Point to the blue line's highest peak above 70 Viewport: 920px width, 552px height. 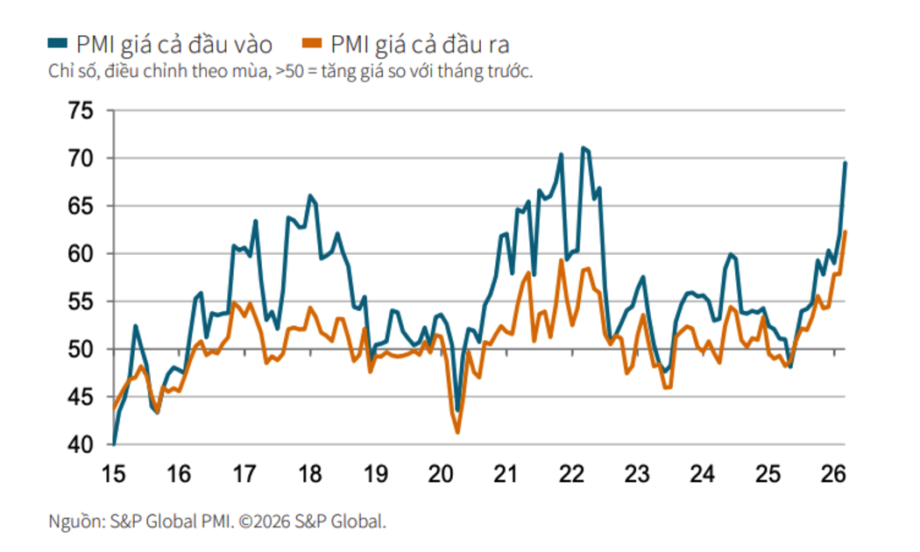[x=583, y=148]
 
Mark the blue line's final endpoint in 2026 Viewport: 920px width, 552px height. [x=846, y=163]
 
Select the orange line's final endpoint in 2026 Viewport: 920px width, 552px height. [x=846, y=232]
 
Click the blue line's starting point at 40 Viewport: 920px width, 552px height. [x=114, y=444]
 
